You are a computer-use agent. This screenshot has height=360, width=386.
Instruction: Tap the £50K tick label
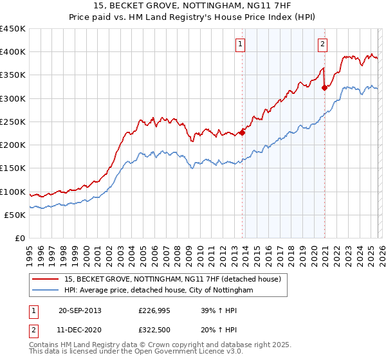click(x=15, y=215)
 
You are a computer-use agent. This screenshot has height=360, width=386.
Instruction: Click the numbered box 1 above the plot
click(x=240, y=44)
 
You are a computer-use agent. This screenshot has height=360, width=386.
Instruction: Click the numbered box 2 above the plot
click(x=322, y=44)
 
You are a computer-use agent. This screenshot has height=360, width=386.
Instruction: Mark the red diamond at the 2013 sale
click(x=242, y=133)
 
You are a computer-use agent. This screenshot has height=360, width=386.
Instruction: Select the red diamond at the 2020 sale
click(x=324, y=88)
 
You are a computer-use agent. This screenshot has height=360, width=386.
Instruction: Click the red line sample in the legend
click(x=46, y=280)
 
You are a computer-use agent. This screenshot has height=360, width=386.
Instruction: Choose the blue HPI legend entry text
click(x=159, y=291)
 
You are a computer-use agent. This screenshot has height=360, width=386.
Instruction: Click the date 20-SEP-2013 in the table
click(x=80, y=310)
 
